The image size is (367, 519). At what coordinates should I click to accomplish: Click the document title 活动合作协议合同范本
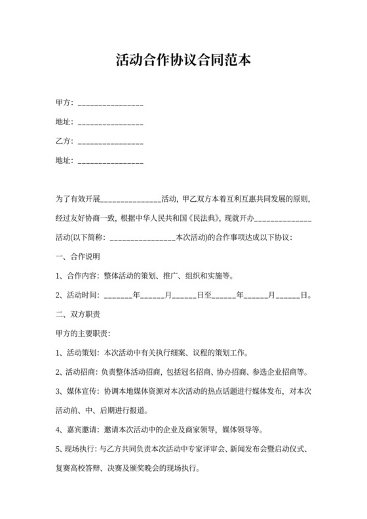[x=183, y=61]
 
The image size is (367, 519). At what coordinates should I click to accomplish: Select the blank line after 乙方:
[x=110, y=142]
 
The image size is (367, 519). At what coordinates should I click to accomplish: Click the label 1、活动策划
[x=77, y=353]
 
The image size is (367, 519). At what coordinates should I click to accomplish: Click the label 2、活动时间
[x=77, y=295]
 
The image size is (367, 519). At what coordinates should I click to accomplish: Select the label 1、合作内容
[x=77, y=275]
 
